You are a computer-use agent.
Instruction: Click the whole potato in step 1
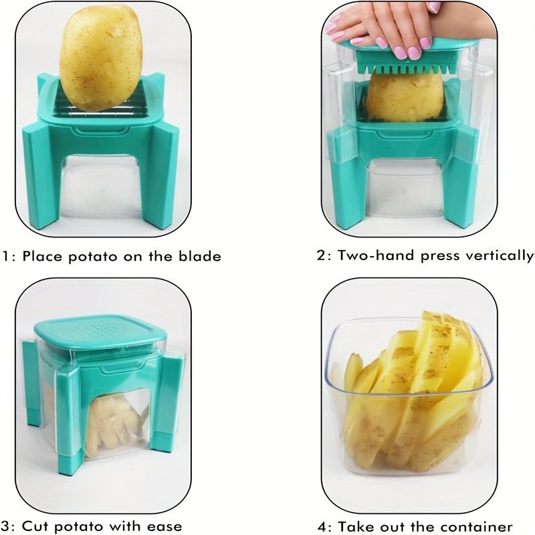coord(101,58)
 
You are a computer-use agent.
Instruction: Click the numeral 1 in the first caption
coord(5,257)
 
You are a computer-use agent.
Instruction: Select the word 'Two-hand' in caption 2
coord(376,255)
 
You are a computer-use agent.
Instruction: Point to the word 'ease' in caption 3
coord(165,526)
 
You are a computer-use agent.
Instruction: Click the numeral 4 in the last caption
coord(322,526)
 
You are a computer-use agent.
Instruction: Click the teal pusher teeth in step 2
coord(406,68)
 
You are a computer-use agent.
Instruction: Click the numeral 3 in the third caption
coord(5,526)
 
